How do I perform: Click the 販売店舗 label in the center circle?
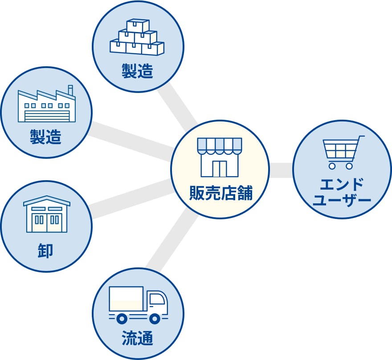220,194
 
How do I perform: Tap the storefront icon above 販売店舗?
220,157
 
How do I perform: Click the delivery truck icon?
138,305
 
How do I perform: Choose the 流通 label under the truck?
138,339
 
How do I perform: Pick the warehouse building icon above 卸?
47,214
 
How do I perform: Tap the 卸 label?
46,251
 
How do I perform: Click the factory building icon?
46,105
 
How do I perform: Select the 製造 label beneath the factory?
46,137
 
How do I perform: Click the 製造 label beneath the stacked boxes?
138,71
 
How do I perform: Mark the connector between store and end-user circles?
281,170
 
